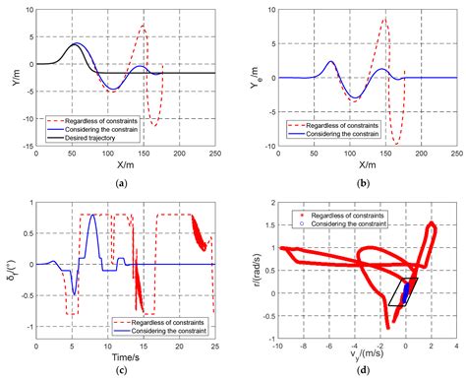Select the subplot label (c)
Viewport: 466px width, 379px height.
[x=119, y=370]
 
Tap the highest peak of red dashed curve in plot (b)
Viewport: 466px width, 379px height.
[x=384, y=19]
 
